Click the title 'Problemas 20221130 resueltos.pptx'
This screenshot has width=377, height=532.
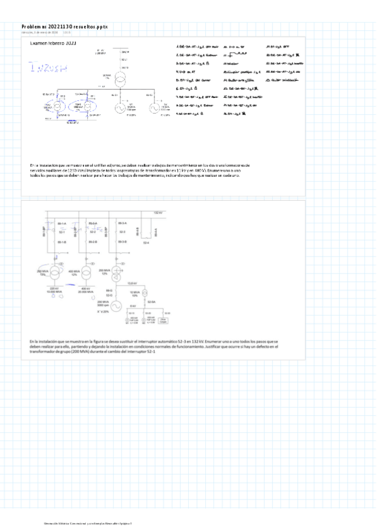[65, 27]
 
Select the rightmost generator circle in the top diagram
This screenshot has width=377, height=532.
[152, 108]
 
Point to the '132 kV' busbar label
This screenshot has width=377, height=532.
[159, 213]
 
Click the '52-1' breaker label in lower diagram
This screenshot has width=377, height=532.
[62, 232]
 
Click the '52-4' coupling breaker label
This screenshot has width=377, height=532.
[146, 243]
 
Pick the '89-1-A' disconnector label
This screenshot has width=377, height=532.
[62, 223]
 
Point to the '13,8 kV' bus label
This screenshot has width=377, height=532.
[141, 284]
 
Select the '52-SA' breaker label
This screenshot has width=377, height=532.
[151, 301]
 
